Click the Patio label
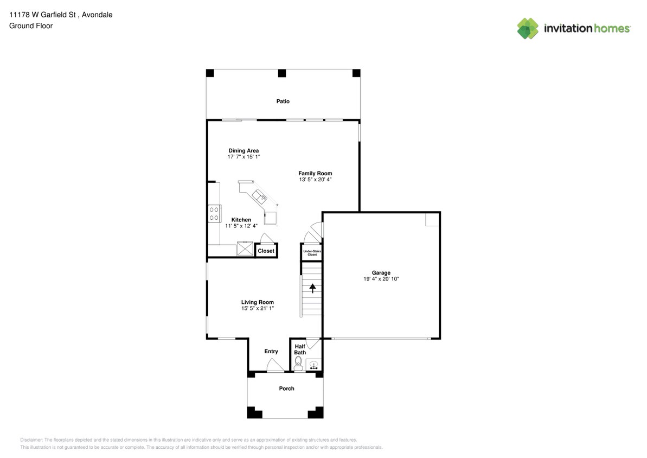click(283, 101)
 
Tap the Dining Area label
click(244, 151)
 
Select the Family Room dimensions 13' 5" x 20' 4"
click(315, 180)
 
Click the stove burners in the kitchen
click(214, 213)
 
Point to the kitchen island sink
click(260, 196)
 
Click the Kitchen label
click(241, 220)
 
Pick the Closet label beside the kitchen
click(266, 251)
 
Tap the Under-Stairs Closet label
click(312, 253)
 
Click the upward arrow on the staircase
click(312, 288)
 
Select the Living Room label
click(258, 302)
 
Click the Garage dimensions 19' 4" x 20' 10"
click(381, 279)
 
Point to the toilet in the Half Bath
click(298, 364)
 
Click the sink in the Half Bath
click(313, 365)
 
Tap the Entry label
click(271, 352)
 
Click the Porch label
click(287, 389)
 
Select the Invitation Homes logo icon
click(528, 29)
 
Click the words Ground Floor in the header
click(31, 26)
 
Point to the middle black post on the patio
click(282, 73)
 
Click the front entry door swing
click(275, 365)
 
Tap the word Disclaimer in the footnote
click(31, 440)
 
